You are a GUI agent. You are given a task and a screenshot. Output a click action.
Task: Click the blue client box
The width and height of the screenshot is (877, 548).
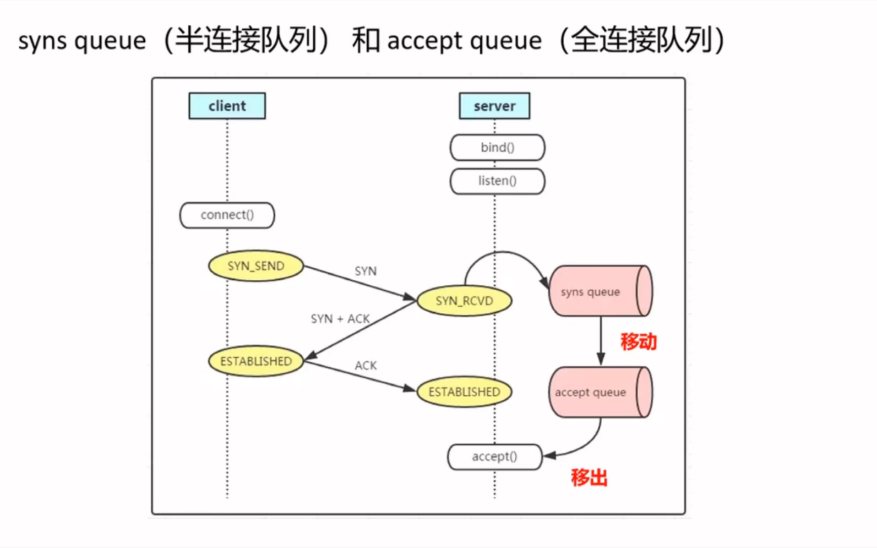coord(227,106)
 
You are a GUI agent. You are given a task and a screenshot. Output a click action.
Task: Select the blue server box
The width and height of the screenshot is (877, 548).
coord(494,106)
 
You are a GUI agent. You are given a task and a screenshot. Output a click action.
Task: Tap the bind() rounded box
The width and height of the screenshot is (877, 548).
coord(497,148)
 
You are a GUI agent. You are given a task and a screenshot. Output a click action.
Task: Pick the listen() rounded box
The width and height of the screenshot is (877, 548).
coord(497,181)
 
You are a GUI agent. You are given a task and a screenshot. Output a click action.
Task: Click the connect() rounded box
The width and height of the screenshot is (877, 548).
coord(227,215)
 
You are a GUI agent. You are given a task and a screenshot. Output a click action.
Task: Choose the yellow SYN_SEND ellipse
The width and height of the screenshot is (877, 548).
coord(256,266)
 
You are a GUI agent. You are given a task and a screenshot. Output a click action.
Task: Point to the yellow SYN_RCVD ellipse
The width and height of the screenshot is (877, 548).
coord(464,301)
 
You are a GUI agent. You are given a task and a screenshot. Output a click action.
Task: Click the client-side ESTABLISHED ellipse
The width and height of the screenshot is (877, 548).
coord(256,361)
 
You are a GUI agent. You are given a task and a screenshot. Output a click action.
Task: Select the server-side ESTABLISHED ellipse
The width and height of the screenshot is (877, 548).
coord(464,392)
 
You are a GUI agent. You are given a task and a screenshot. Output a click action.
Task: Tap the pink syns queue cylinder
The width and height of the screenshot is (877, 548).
coord(600,291)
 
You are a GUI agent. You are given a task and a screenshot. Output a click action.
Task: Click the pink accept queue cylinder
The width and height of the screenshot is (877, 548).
coord(600,392)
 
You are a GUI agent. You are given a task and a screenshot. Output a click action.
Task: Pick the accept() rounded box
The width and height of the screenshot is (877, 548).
coord(494,457)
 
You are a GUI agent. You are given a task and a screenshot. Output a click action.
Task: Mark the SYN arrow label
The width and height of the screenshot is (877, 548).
coord(366,271)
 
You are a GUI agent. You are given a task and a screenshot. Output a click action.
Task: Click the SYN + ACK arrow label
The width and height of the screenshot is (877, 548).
coord(340,319)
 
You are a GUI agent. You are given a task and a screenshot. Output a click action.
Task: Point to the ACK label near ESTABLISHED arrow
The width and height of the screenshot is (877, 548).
coord(366,366)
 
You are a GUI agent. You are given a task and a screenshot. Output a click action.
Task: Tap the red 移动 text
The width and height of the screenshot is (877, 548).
coord(639,341)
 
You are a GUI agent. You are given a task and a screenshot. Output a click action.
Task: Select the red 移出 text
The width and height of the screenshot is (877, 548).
coord(589,478)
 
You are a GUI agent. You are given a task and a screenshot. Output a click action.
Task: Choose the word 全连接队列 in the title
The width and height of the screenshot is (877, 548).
coord(642,41)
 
